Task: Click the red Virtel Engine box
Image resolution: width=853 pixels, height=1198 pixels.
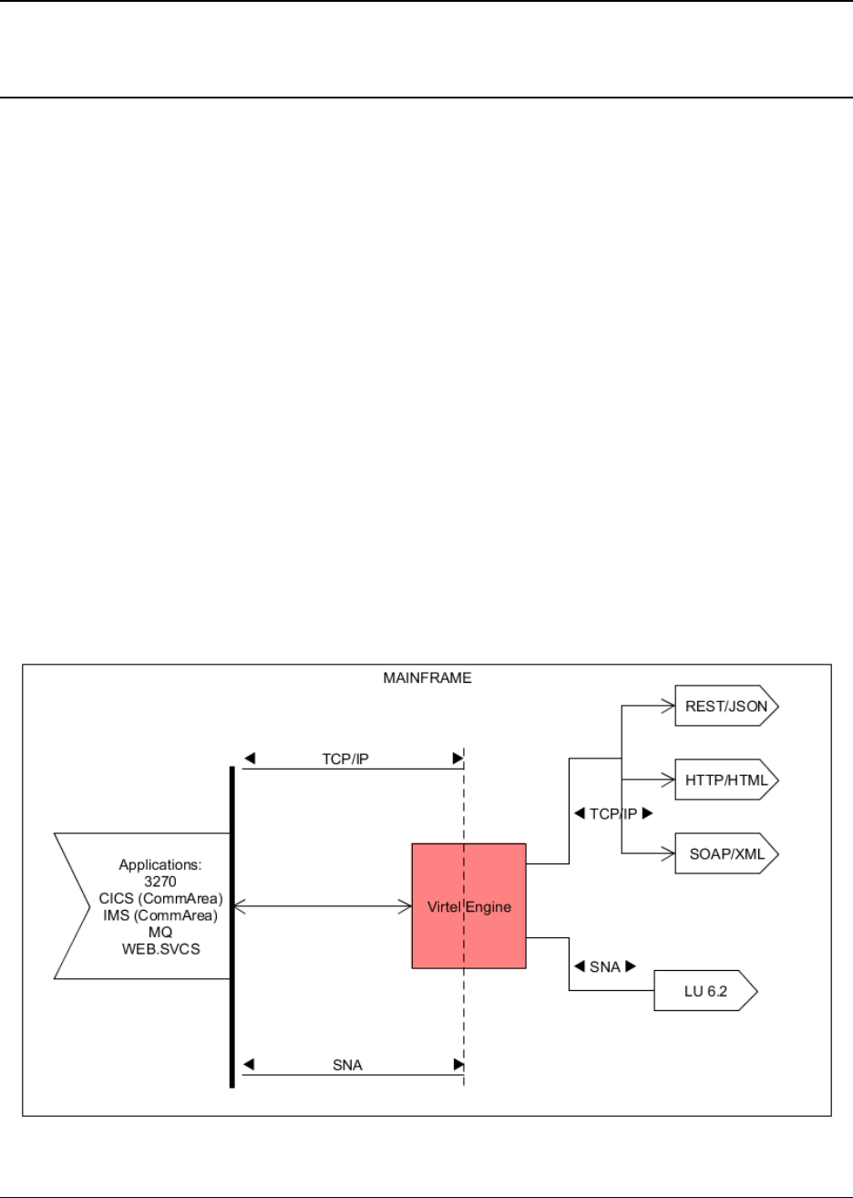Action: [468, 905]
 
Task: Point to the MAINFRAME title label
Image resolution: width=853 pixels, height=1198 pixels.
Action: [427, 678]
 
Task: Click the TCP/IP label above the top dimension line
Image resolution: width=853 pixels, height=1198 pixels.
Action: [346, 759]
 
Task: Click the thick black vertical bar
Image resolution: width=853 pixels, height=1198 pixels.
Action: [232, 926]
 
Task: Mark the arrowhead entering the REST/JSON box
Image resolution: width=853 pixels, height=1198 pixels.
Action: [668, 705]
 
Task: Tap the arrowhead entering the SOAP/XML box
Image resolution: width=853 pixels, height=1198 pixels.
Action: [668, 854]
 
